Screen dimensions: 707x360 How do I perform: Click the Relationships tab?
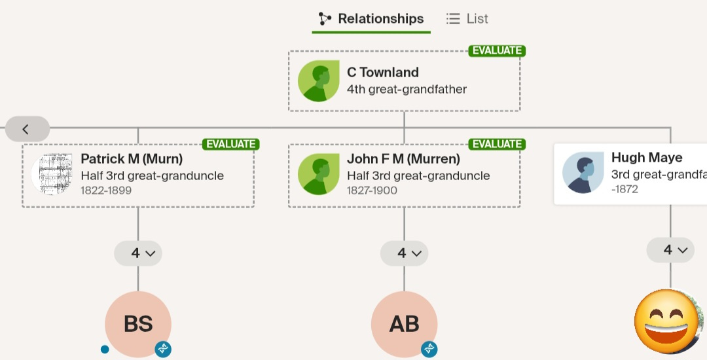click(371, 19)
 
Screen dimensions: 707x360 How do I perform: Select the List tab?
click(467, 19)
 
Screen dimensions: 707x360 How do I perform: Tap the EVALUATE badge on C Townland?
click(497, 50)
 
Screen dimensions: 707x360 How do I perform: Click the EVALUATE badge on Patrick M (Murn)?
click(231, 144)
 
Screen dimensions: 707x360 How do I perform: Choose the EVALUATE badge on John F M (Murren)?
click(497, 144)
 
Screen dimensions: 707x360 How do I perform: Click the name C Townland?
click(383, 73)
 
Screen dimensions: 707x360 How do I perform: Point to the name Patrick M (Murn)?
click(132, 158)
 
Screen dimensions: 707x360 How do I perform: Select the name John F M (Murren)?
click(403, 158)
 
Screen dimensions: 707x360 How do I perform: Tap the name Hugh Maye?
click(647, 158)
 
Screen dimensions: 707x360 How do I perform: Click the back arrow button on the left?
click(27, 130)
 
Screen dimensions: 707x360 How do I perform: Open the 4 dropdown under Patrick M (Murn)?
click(138, 253)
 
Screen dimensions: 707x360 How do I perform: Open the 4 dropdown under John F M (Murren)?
click(404, 253)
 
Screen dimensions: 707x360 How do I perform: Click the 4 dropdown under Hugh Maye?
click(670, 250)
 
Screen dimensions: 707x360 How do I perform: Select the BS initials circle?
click(138, 324)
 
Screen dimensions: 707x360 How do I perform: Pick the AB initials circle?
click(404, 324)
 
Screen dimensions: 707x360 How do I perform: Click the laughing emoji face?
click(667, 321)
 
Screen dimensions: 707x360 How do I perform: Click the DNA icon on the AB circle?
click(429, 349)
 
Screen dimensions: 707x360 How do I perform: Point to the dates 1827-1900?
click(372, 190)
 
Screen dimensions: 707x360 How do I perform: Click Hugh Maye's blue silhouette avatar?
click(583, 173)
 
